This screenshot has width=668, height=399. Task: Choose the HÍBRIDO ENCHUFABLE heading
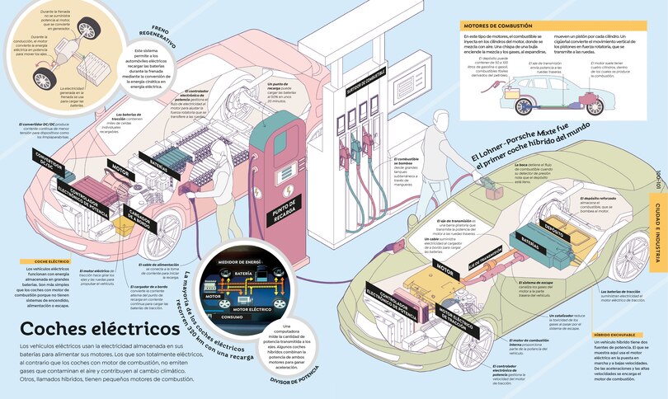(x=614, y=335)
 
